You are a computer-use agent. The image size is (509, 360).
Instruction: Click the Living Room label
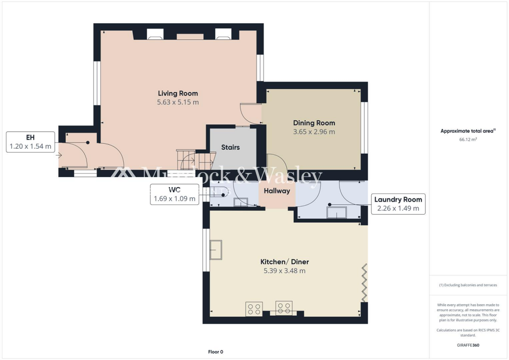click(178, 93)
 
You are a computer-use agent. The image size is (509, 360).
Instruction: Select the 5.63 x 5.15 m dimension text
click(178, 102)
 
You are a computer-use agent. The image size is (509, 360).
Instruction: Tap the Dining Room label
click(314, 123)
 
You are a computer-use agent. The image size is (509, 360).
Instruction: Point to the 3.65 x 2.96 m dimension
click(314, 132)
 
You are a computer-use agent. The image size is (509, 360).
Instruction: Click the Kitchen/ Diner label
click(284, 262)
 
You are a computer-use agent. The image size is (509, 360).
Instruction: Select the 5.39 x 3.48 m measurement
click(284, 271)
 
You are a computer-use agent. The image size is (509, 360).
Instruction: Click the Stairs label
click(231, 147)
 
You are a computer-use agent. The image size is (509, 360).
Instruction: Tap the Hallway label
click(277, 191)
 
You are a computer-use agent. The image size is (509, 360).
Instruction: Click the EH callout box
click(30, 142)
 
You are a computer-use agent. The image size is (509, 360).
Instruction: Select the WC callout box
click(173, 194)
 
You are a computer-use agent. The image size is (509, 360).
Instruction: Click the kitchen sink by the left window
click(216, 250)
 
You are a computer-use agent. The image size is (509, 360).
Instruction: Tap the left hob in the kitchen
click(254, 308)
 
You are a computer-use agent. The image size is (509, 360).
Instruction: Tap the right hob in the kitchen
click(284, 308)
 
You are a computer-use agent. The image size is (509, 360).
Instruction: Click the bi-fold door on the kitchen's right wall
click(365, 282)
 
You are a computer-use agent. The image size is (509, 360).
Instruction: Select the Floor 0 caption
click(215, 352)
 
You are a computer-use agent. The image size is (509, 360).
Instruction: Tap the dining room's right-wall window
click(364, 127)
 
